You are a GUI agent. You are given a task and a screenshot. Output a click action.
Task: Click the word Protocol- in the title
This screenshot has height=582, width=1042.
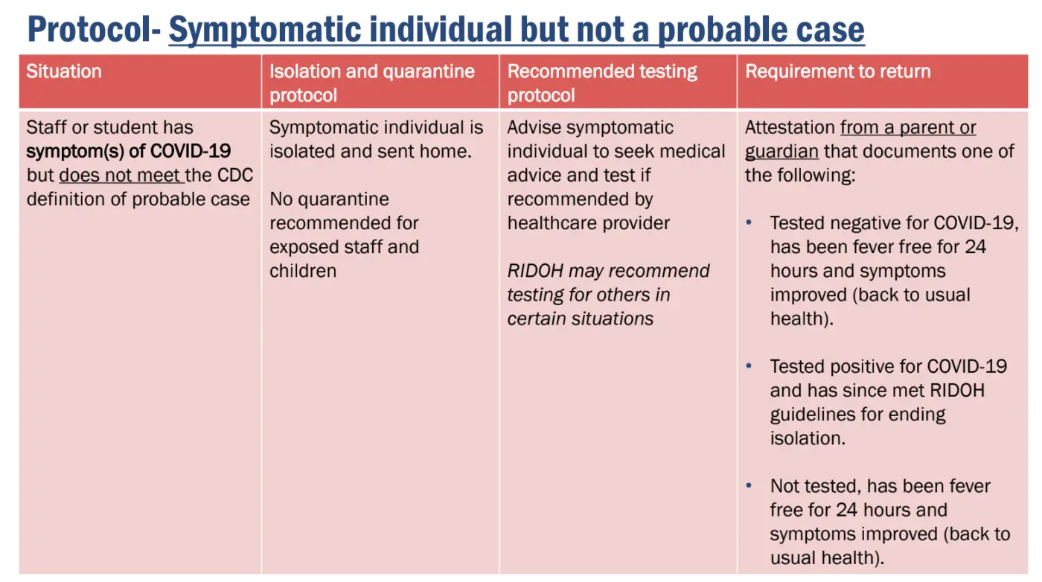click(x=95, y=30)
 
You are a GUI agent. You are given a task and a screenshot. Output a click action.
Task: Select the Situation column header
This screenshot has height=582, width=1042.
click(x=64, y=71)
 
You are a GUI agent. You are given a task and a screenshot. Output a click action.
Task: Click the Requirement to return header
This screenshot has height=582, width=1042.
click(x=838, y=71)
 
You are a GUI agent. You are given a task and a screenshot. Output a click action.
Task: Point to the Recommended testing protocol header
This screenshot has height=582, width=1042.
click(x=602, y=83)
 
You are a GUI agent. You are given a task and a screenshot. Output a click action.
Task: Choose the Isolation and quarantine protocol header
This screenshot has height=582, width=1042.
click(x=372, y=83)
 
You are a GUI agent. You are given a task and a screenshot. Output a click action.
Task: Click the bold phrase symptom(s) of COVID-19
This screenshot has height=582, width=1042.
click(x=128, y=151)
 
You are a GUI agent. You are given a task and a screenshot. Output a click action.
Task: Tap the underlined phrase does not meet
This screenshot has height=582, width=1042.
click(x=120, y=176)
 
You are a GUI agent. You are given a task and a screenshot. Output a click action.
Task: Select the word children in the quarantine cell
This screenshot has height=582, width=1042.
click(x=303, y=271)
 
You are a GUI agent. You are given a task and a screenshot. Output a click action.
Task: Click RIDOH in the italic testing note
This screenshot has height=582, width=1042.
click(x=535, y=271)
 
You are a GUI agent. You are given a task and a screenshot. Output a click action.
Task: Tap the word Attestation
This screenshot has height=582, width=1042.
click(x=790, y=127)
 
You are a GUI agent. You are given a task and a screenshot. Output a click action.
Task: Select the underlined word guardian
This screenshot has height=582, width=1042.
click(x=781, y=152)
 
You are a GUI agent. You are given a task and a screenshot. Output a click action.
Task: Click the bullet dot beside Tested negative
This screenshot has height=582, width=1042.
click(x=749, y=223)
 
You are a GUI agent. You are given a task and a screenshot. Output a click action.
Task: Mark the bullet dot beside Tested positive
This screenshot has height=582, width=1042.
click(x=749, y=366)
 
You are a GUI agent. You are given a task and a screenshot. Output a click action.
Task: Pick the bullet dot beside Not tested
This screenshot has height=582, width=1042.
click(x=749, y=486)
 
